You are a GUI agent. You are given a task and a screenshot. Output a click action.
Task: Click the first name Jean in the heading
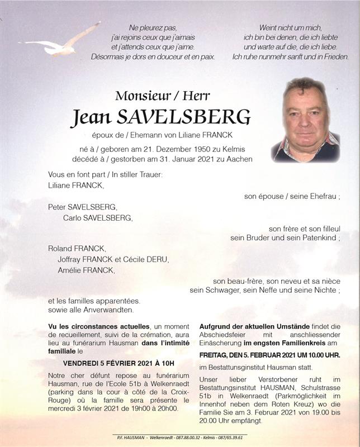91,117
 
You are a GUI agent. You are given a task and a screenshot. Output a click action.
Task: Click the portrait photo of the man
305,120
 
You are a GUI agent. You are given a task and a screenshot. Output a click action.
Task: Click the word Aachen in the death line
240,159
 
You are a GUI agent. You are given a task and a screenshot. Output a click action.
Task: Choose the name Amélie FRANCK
86,270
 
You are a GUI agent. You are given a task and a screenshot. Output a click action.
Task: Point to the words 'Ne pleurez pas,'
153,27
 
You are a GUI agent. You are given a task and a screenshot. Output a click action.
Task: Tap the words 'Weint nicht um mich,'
291,27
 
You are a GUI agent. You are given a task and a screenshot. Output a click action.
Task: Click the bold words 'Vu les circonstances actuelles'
99,326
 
